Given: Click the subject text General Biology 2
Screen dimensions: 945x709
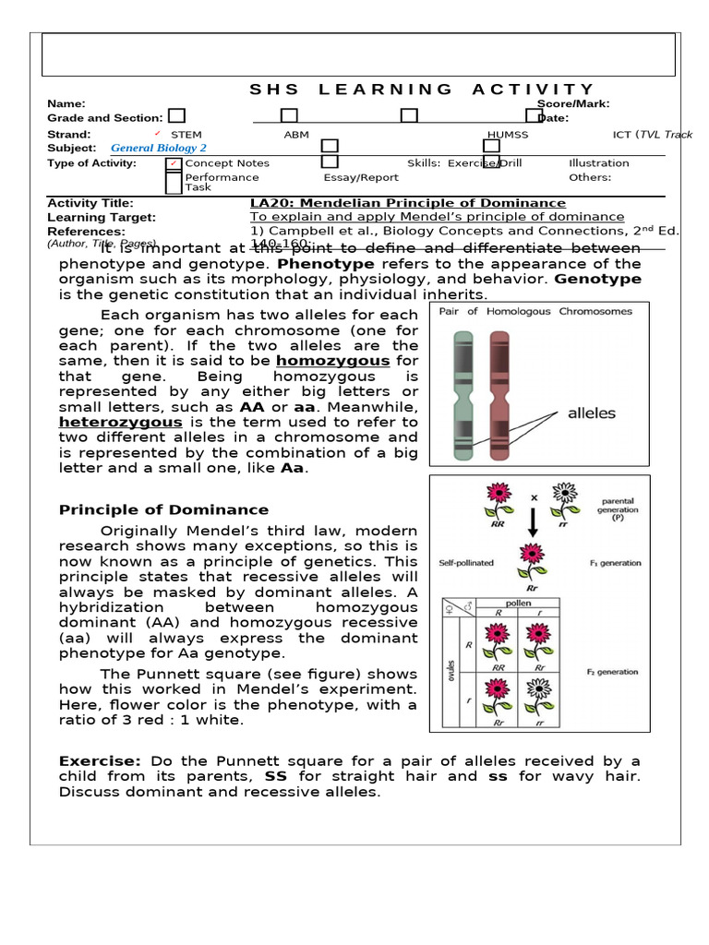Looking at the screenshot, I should pos(159,148).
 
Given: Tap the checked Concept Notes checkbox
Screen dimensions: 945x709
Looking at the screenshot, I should pos(174,164).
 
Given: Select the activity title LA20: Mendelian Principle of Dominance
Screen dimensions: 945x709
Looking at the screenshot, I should pos(408,203).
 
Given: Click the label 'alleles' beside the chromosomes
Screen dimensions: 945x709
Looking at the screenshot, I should pos(591,413).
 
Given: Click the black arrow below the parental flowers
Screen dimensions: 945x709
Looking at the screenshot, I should pos(533,520).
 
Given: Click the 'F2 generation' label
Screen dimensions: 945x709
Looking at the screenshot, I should pos(612,672).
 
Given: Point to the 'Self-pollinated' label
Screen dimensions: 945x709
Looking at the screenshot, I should pos(466,563).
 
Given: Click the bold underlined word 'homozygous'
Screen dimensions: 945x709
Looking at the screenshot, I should pos(333,361).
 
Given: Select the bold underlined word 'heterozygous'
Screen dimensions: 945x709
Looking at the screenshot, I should pos(120,422).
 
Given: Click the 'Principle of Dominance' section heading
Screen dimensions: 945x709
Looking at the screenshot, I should pos(163,509).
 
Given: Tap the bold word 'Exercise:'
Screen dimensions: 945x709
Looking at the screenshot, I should pos(100,760).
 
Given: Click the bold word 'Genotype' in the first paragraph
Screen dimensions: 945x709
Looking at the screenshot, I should pos(597,279).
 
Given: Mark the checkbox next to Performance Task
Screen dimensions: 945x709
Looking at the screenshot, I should pos(174,182).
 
